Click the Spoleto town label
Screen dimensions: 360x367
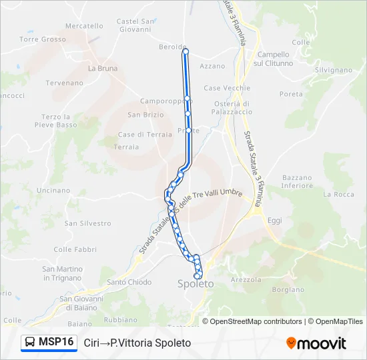(196, 284)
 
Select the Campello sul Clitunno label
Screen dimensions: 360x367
(274, 59)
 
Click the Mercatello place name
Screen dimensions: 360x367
(85, 26)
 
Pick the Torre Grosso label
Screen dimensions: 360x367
(43, 39)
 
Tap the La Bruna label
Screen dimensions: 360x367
(102, 68)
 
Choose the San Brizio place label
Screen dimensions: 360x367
(145, 115)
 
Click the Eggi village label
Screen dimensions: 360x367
(275, 220)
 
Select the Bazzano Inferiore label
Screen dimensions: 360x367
(297, 181)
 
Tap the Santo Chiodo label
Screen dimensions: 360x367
(129, 282)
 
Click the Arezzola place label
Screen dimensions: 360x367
(246, 280)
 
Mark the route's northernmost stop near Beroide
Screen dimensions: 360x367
(185, 51)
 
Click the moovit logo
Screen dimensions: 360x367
(316, 343)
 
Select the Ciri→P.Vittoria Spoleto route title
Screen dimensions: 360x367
(137, 343)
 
